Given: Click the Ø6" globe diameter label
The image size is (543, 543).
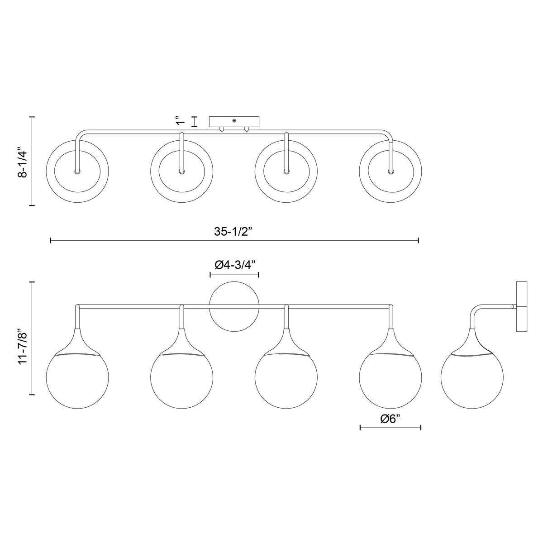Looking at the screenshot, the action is pyautogui.click(x=390, y=427).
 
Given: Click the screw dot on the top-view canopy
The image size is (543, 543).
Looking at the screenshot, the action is pyautogui.click(x=234, y=121).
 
